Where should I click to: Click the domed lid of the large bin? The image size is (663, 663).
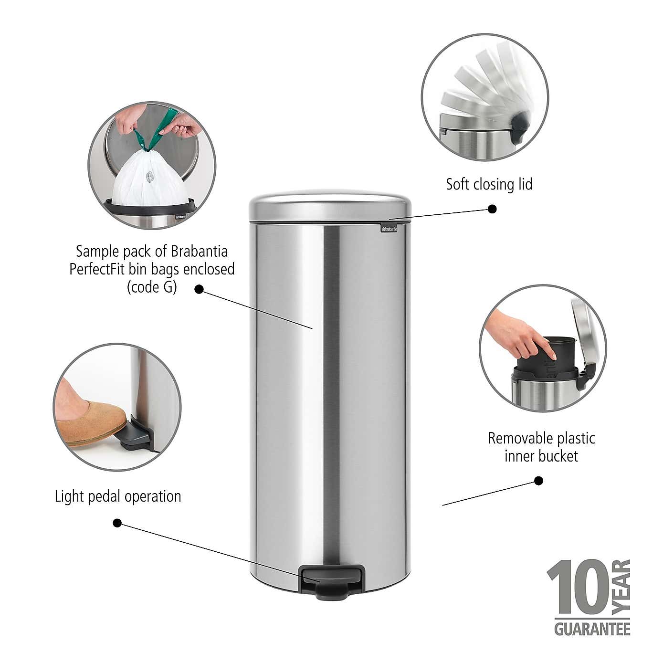(x=330, y=205)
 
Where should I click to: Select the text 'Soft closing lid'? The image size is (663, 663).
(x=489, y=184)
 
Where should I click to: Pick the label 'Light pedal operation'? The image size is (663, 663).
(x=118, y=496)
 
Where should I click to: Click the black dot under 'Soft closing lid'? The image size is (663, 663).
(x=492, y=209)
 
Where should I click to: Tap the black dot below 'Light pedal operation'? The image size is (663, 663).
(x=117, y=523)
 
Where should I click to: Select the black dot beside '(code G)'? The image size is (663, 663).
(x=199, y=289)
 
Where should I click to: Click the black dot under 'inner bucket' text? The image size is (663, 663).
(x=538, y=481)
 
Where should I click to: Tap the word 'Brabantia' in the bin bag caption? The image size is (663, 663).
(x=198, y=251)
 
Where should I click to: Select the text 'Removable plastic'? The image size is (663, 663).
(x=541, y=438)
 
